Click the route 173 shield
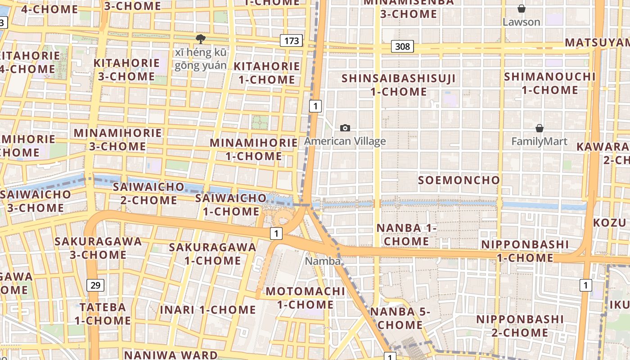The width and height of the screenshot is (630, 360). click(x=291, y=41)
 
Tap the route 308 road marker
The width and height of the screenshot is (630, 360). click(x=402, y=46)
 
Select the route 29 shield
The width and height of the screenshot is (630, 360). click(x=95, y=285)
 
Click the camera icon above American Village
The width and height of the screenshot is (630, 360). click(x=345, y=128)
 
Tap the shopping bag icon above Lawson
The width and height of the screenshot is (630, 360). click(x=521, y=9)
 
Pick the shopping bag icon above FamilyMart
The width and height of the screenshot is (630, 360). click(x=539, y=129)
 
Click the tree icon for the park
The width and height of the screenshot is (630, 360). click(x=201, y=39)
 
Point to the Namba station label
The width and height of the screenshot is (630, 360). click(x=323, y=261)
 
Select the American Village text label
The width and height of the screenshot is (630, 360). click(x=345, y=141)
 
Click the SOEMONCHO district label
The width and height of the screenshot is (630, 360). click(x=459, y=180)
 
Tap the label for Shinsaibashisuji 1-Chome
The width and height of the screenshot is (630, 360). click(x=399, y=85)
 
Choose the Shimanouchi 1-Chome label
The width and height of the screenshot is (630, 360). click(x=549, y=83)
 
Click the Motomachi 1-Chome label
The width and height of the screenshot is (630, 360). click(x=305, y=298)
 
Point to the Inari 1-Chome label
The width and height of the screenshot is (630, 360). click(x=208, y=310)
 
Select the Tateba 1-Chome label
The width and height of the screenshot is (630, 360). click(x=103, y=314)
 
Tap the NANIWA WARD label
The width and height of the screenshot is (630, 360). click(x=171, y=355)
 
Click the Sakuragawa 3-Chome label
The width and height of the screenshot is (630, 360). click(x=98, y=248)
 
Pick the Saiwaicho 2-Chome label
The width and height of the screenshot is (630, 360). click(x=149, y=193)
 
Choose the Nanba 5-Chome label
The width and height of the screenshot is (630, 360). click(x=400, y=318)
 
